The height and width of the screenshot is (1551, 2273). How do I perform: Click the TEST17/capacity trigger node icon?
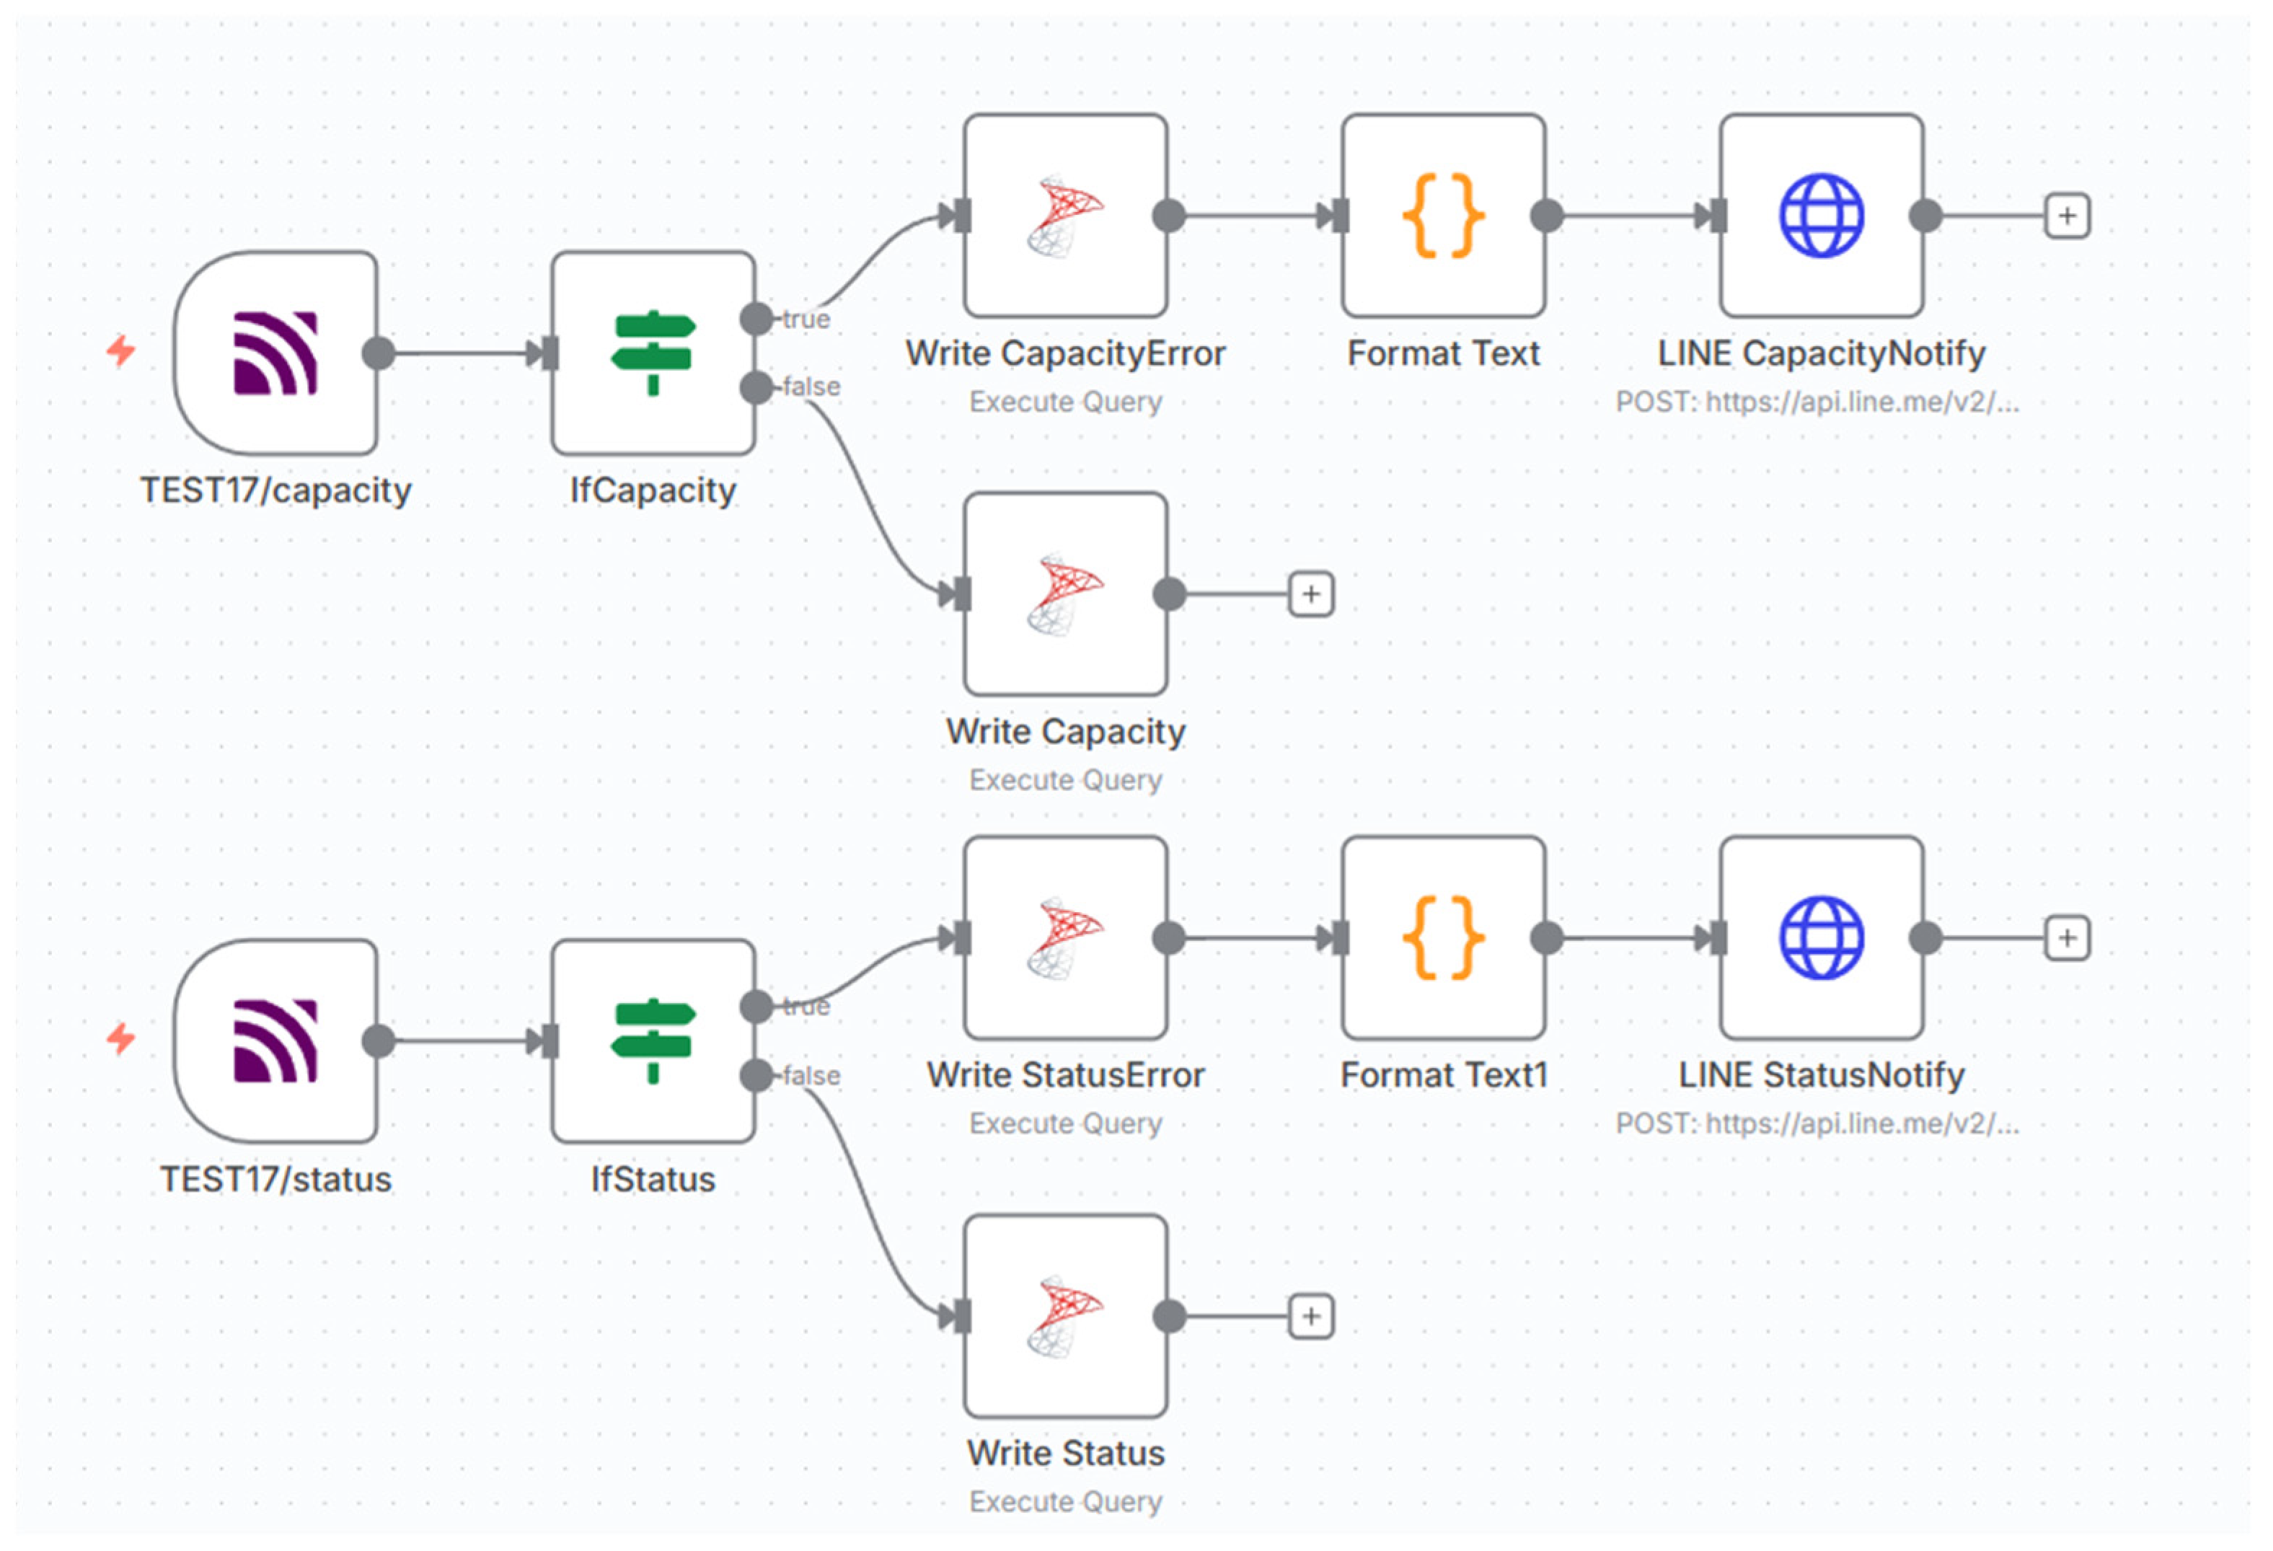pos(275,353)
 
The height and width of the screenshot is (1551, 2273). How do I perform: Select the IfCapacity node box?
pos(653,353)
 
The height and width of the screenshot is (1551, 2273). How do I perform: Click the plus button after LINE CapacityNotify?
pos(2067,216)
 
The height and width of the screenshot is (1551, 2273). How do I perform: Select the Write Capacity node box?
pos(1066,593)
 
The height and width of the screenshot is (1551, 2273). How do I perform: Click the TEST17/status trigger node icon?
pos(275,1040)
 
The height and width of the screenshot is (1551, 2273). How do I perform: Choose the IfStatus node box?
pos(653,1040)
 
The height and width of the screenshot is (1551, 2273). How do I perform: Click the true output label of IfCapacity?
pos(806,319)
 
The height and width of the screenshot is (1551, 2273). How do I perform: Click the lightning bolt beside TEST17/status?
pos(121,1038)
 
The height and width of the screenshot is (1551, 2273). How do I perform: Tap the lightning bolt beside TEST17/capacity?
pos(121,350)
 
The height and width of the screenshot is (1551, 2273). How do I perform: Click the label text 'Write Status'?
pos(1066,1453)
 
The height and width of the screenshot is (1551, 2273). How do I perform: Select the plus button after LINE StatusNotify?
pos(2067,938)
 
